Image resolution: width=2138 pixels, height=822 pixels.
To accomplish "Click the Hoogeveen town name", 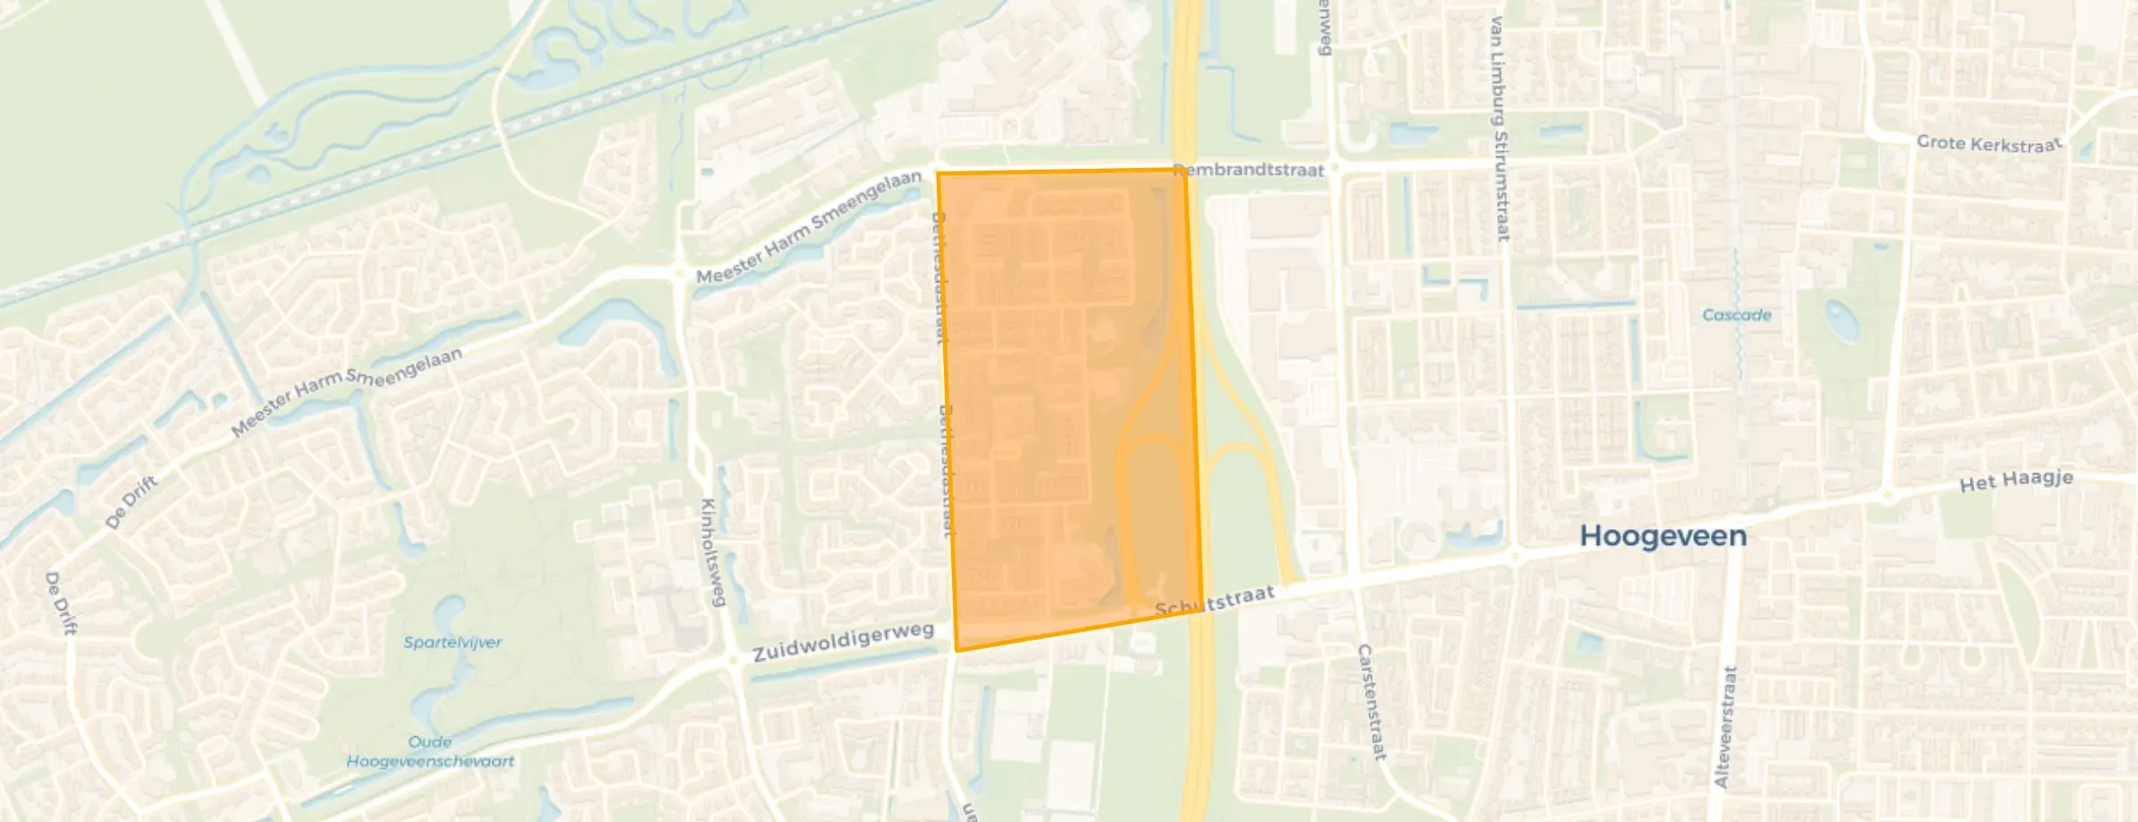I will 1662,535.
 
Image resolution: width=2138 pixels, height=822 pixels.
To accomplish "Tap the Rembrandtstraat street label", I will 1249,170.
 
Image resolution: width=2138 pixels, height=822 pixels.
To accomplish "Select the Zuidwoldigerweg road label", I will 843,642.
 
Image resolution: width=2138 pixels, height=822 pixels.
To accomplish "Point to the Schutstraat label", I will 1215,601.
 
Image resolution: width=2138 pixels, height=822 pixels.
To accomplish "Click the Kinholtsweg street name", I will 711,552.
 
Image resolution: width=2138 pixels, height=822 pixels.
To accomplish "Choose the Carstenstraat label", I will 1371,702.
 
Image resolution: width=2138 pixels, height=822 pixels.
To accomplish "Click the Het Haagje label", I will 2016,481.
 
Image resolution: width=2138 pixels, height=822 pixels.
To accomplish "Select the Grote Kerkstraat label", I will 1989,144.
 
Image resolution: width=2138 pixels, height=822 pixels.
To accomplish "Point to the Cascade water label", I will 1736,315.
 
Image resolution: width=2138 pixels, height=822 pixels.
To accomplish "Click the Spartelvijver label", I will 452,642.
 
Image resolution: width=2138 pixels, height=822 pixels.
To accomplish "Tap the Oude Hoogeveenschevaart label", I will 430,751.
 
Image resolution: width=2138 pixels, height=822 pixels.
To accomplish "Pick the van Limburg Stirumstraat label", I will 1499,129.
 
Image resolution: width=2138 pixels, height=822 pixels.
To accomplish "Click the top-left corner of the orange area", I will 938,173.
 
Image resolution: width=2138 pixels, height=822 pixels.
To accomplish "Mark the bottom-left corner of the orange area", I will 956,650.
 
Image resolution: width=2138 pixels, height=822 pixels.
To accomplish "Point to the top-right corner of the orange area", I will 1185,169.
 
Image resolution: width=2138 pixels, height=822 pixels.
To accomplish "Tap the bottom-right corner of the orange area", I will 1200,612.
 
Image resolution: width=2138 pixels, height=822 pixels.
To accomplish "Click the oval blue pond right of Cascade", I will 1841,322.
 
